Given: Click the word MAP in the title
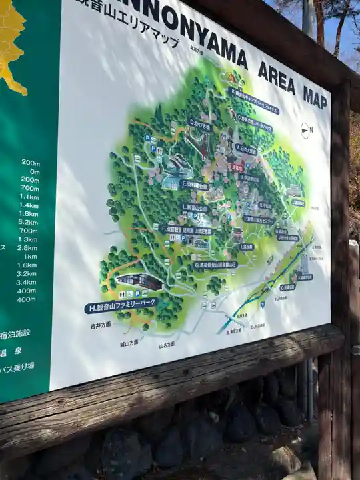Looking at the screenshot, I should click(315, 97).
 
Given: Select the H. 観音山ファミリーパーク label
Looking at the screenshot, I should click(121, 306).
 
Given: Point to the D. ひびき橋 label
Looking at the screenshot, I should click(200, 125).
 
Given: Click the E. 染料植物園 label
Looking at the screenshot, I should click(194, 184).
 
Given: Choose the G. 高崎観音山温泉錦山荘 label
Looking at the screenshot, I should click(215, 265).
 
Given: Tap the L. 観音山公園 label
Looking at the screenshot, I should click(195, 208).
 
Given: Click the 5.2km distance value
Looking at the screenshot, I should click(28, 222).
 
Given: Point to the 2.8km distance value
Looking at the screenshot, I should click(27, 248).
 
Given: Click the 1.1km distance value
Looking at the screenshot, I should click(29, 197).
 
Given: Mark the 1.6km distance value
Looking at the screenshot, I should click(27, 265).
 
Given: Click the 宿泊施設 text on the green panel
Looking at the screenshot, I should click(16, 333).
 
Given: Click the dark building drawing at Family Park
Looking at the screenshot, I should click(139, 281).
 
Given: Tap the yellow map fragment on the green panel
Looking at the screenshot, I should click(11, 40).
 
